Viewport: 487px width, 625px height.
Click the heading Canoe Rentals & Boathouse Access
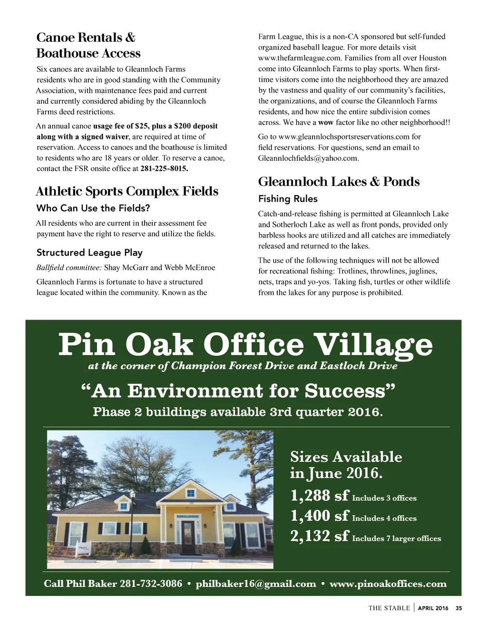tap(88, 45)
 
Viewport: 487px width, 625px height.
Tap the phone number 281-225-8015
tap(165, 169)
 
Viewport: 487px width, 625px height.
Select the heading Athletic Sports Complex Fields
tap(127, 191)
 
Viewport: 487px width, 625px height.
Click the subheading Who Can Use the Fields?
tap(93, 208)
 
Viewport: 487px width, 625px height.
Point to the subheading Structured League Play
tap(89, 253)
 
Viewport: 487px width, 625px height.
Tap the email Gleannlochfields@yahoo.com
tap(308, 158)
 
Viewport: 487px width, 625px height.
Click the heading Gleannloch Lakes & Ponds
tap(339, 182)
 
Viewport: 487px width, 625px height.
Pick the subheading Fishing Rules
tap(288, 199)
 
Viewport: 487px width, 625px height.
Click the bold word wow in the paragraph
tap(326, 122)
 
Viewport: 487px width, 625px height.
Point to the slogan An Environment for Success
tap(239, 391)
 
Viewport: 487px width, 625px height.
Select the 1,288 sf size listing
tap(353, 496)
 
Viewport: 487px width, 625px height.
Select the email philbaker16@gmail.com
tap(256, 584)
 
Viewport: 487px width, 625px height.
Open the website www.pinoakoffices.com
tap(388, 584)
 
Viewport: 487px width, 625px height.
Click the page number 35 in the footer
tap(458, 608)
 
